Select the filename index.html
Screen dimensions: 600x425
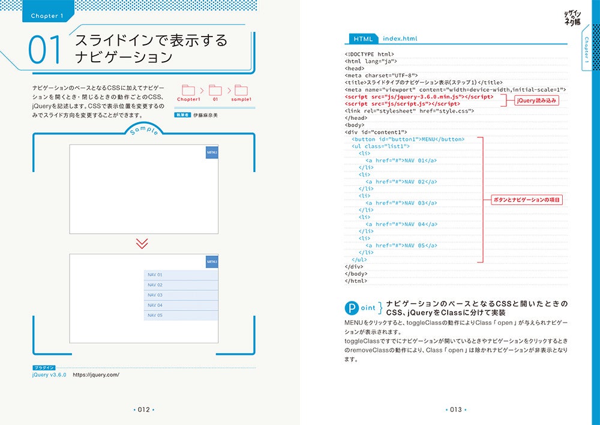click(400, 39)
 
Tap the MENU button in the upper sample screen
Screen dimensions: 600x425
click(212, 152)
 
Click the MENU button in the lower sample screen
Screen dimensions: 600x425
click(212, 262)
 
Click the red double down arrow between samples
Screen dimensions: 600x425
click(142, 243)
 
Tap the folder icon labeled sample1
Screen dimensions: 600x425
click(241, 90)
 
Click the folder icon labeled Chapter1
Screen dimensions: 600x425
click(188, 90)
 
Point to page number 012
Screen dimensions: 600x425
click(143, 410)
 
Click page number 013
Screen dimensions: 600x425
click(455, 410)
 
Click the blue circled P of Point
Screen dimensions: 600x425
click(352, 308)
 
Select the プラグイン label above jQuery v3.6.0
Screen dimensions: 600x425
click(44, 367)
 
